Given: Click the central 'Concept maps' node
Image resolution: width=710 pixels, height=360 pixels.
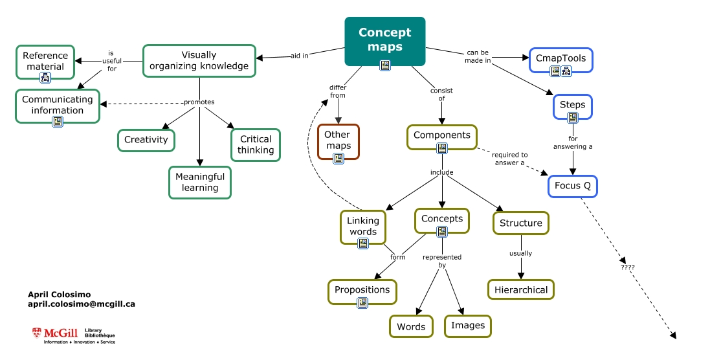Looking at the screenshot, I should point(384,40).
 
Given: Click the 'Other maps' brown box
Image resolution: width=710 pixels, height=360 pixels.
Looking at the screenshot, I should point(338,140).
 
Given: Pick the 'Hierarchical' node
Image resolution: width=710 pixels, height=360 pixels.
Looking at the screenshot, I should point(521,289).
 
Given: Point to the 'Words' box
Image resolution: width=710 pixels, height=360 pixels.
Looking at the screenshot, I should point(411,326).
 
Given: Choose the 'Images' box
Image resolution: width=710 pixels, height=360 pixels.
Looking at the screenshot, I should point(468,325).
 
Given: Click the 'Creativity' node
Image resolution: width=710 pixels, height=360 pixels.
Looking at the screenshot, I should point(146,140).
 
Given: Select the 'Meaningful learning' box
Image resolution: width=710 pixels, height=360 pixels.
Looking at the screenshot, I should point(200,182).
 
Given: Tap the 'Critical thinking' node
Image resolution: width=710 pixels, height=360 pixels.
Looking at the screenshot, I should point(256,144).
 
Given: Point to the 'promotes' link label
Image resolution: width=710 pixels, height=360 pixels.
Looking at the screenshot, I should point(199,102).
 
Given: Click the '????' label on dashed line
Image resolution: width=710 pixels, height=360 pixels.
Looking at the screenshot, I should point(627,266).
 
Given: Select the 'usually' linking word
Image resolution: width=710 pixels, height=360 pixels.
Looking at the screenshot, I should point(520,253).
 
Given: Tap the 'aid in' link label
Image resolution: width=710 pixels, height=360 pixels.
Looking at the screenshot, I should point(299,56).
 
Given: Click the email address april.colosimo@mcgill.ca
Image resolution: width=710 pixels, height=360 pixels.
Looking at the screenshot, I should point(82,304).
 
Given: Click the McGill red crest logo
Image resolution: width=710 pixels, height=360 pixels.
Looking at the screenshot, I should point(37,333).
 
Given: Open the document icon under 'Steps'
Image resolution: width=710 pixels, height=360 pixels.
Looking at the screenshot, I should point(572,118).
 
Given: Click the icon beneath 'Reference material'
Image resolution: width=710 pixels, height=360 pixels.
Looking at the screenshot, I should point(45,78).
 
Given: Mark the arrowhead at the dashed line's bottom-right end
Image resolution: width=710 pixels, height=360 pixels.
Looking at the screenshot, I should point(673,335).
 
